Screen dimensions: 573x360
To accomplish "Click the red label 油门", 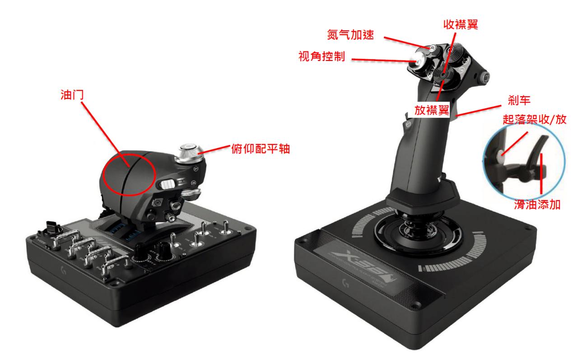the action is coord(72,95).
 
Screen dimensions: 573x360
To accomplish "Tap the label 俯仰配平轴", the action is coord(261,149).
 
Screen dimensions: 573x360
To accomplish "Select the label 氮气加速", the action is coord(350,34).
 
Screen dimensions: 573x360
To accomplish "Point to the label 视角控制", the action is coord(322,56).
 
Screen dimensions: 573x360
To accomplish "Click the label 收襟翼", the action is coord(461,24).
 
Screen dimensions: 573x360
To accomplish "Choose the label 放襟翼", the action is coord(432,110).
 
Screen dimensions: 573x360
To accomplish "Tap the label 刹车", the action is coord(519,100).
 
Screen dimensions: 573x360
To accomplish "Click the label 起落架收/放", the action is coord(534,119).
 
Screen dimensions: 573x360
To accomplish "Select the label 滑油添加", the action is coord(537,205).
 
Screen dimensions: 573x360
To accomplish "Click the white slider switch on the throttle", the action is coord(168,184).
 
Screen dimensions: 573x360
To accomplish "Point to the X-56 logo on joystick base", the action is coord(361,266).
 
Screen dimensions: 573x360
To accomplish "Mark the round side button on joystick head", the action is coord(484,77).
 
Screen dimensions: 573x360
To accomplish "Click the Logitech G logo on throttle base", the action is coord(63,270).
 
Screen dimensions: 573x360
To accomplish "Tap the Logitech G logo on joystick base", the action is coord(346,283).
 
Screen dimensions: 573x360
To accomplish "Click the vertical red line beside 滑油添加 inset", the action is coord(541,173).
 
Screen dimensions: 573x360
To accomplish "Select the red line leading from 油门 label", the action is coord(105,134).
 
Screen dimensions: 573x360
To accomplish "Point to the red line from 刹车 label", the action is coord(478,111).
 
